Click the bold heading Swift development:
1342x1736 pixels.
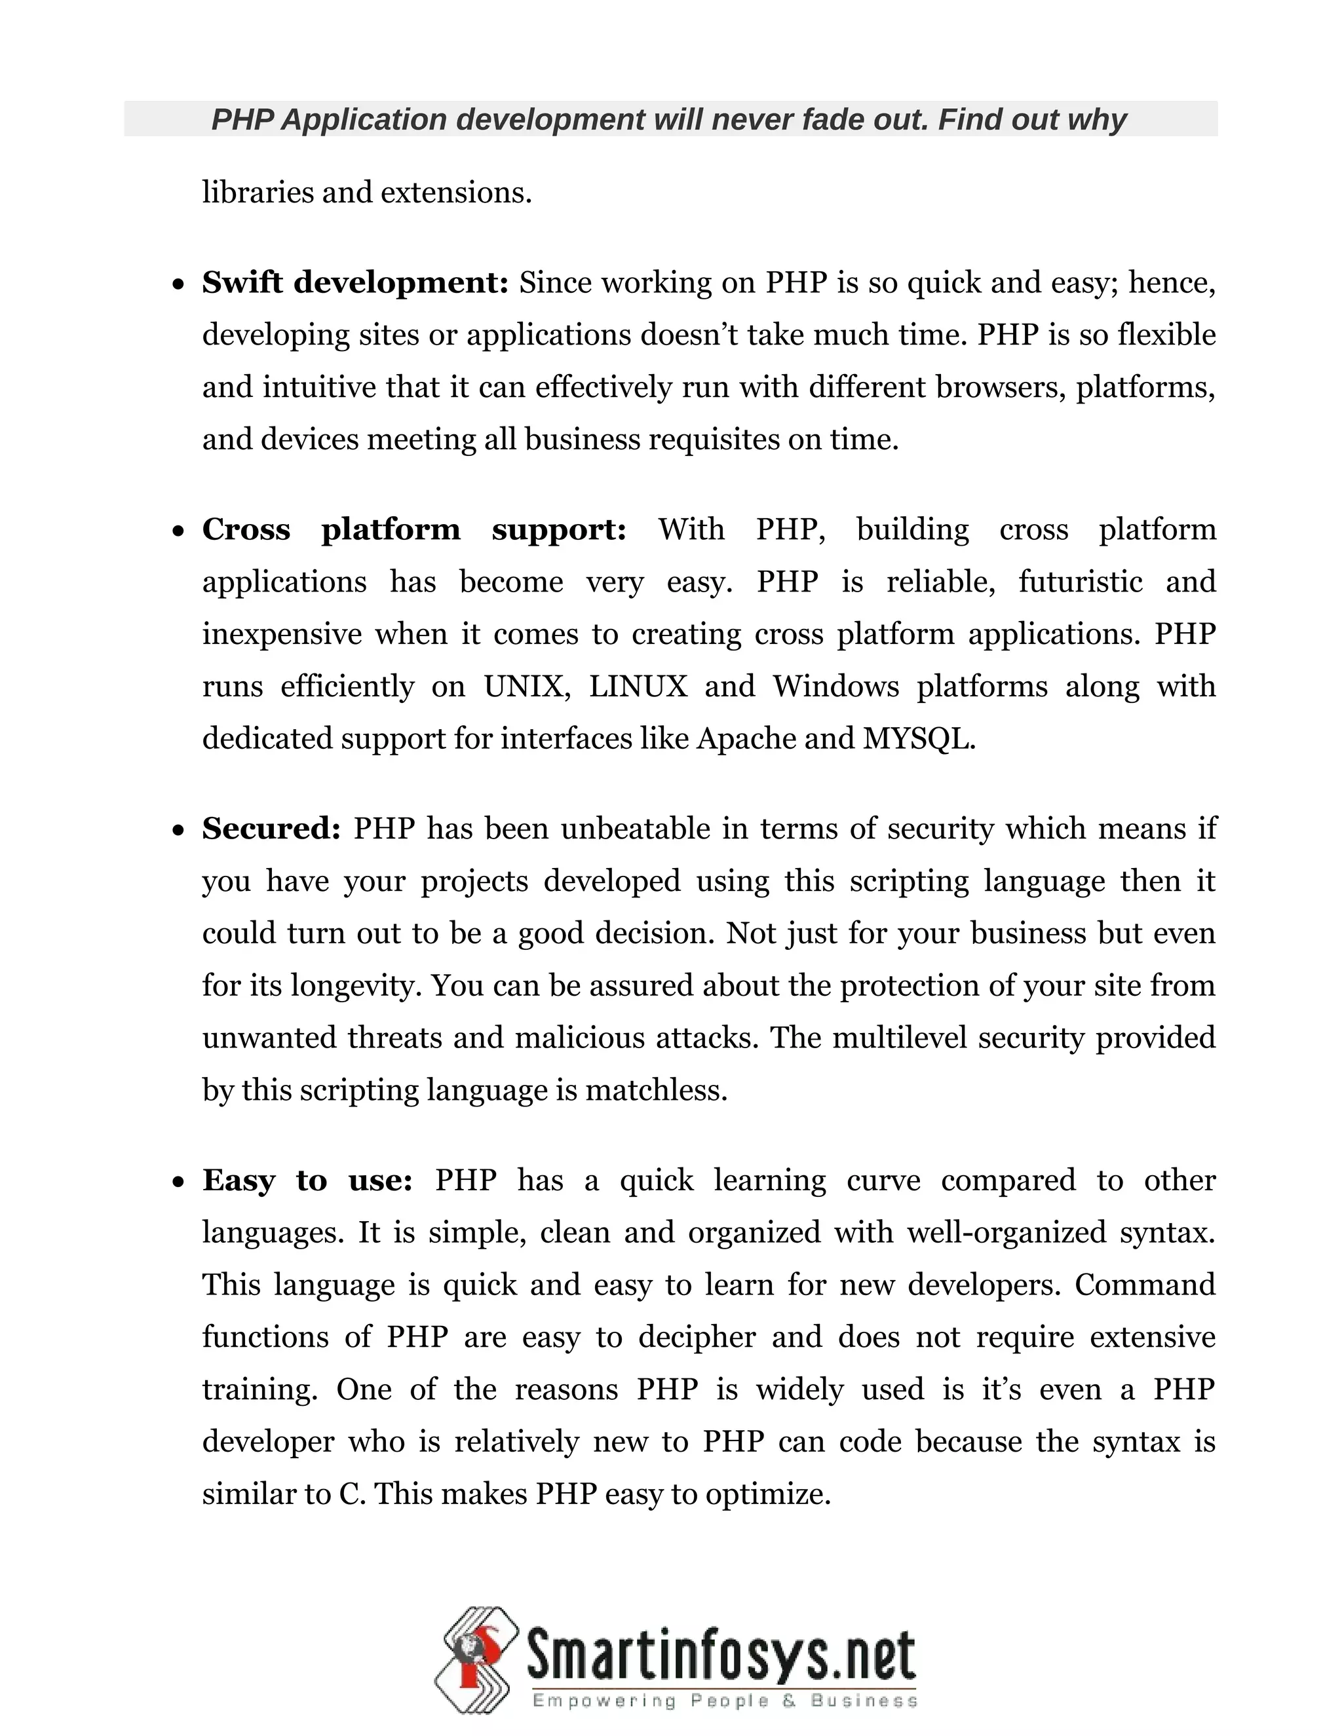click(355, 282)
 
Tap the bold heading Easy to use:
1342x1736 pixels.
click(307, 1180)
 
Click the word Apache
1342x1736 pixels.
click(746, 738)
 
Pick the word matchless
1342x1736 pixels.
click(655, 1090)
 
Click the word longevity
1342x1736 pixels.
click(362, 986)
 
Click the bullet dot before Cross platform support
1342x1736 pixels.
click(178, 531)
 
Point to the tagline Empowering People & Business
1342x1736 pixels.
click(724, 1701)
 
